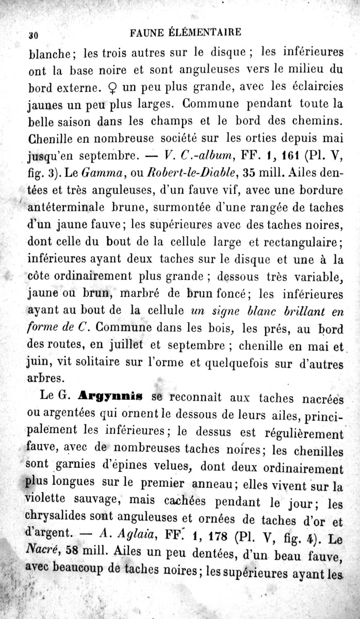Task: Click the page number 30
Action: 34,36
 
